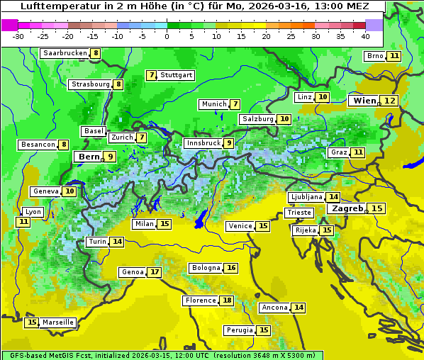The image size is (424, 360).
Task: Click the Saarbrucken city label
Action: [65, 53]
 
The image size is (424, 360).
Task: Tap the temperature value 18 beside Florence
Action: [227, 300]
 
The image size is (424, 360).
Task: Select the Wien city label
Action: [364, 101]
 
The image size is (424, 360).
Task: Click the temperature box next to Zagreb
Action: [376, 208]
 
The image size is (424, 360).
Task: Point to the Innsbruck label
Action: [202, 143]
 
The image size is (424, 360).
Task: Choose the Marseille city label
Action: [57, 322]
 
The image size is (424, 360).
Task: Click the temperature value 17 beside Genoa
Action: [155, 272]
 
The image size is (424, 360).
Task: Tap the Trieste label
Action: [298, 213]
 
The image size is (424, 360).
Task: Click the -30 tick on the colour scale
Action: [18, 36]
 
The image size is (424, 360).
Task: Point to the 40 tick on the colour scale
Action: [365, 36]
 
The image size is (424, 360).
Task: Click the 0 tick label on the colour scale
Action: [167, 36]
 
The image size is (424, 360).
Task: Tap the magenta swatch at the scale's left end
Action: [9, 25]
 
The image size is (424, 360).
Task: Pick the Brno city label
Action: [374, 56]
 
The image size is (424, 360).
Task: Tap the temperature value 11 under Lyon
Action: [23, 222]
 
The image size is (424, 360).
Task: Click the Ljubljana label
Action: [306, 197]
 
